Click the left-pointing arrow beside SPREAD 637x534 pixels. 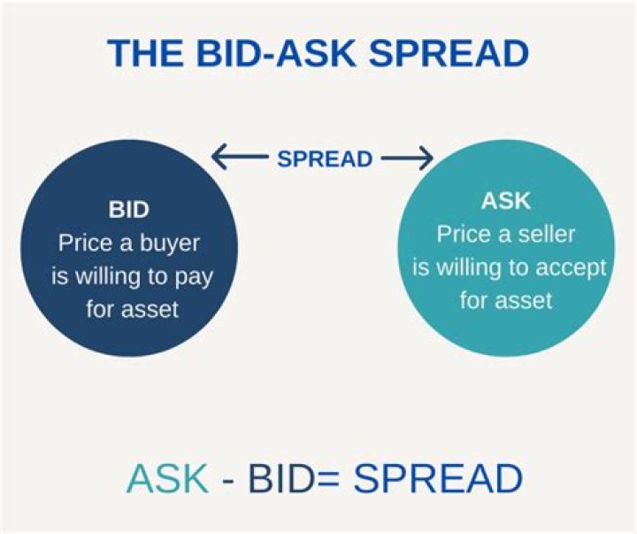click(237, 159)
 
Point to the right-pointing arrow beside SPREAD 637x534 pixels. click(407, 159)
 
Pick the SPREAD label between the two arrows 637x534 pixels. click(324, 159)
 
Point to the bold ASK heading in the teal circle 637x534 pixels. click(506, 201)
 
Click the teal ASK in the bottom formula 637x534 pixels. click(166, 479)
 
